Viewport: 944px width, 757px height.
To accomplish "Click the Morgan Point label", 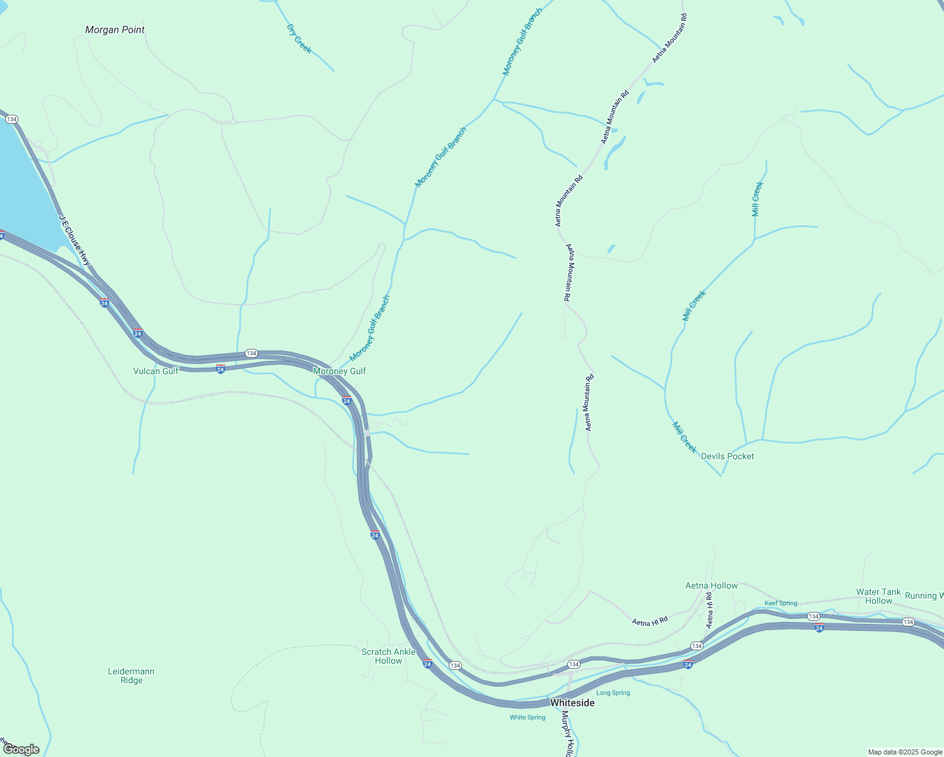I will coord(115,30).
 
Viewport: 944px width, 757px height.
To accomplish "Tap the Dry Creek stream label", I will coord(299,38).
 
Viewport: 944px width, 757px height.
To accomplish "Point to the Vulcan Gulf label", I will coord(155,371).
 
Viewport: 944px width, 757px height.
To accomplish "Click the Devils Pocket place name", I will coord(727,456).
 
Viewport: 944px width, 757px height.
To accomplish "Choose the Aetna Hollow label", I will coord(711,585).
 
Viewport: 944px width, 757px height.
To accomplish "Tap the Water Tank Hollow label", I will coord(878,596).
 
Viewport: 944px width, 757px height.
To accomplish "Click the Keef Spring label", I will coord(781,603).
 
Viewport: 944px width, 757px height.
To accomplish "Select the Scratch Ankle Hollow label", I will coord(388,656).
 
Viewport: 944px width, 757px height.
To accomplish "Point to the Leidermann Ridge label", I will coord(131,676).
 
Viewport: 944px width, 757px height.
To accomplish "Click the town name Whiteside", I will coord(572,703).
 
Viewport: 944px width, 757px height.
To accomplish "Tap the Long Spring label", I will coord(613,693).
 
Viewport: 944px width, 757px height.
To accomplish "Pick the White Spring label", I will coord(528,717).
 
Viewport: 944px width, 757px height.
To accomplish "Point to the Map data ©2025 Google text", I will coord(904,752).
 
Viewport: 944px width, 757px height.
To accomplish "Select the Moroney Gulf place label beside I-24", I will coord(339,371).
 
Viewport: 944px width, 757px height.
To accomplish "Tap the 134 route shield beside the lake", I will coord(11,119).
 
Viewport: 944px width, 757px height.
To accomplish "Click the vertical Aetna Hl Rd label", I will coord(709,611).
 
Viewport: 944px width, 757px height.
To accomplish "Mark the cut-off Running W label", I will coord(924,596).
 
